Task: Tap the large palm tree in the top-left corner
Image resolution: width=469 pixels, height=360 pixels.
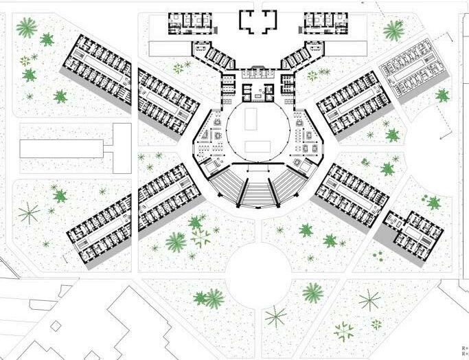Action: click(x=27, y=27)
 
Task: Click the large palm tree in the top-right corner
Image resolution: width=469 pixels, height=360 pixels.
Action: click(x=394, y=30)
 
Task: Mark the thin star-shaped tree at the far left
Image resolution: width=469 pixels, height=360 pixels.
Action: click(x=28, y=213)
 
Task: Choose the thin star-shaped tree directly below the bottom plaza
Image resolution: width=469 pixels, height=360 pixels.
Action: click(x=276, y=316)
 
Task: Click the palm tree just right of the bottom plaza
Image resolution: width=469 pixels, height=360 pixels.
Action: click(x=312, y=293)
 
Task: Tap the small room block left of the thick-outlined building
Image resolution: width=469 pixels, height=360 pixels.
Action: click(x=191, y=24)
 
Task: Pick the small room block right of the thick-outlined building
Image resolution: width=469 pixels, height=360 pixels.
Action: click(x=324, y=24)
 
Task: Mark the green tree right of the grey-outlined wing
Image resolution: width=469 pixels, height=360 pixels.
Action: click(x=443, y=95)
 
